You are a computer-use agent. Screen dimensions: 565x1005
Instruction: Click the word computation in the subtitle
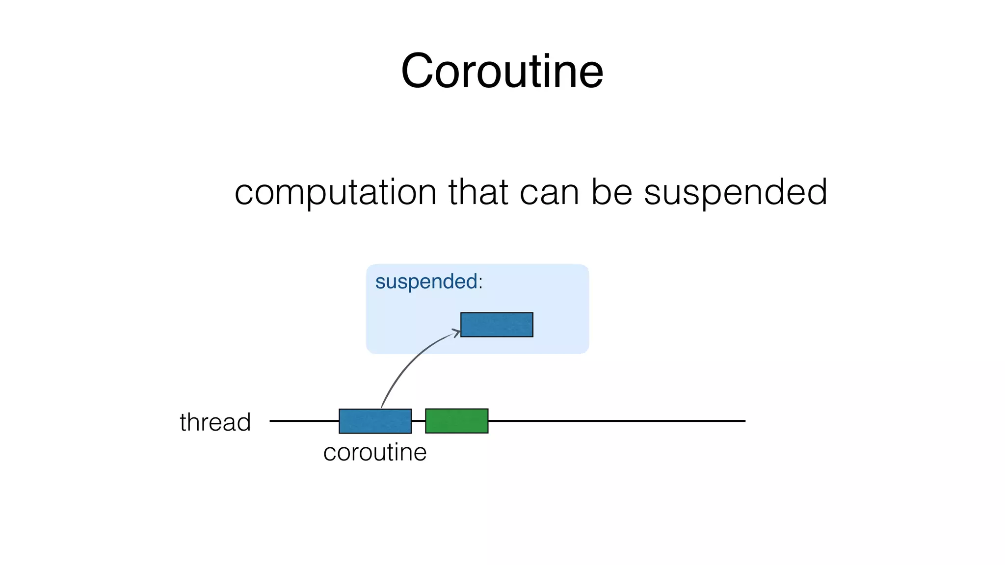(x=335, y=192)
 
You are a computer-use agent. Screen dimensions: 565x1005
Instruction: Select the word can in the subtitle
(x=550, y=192)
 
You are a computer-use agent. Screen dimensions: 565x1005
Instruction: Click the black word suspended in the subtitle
(x=735, y=192)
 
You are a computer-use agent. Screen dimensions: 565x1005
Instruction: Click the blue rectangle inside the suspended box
(x=497, y=325)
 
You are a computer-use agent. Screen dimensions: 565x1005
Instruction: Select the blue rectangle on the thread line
(x=375, y=421)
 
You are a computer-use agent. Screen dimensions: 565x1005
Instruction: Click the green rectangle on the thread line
(x=456, y=421)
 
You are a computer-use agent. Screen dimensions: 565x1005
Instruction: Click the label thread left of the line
(x=215, y=422)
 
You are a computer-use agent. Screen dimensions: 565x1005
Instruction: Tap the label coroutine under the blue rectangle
(x=375, y=452)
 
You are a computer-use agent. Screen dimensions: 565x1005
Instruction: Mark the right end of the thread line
(x=744, y=421)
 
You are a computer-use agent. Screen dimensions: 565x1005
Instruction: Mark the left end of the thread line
(x=271, y=421)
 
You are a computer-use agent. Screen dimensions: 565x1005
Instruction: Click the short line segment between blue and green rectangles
(x=418, y=421)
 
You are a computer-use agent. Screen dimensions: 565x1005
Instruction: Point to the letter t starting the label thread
(x=184, y=422)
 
